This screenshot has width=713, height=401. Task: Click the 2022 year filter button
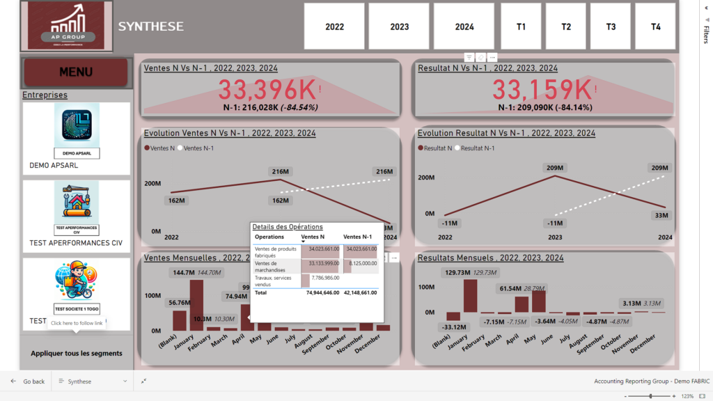[334, 26]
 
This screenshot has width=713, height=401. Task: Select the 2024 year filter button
[464, 26]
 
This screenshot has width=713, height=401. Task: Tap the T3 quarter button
[611, 26]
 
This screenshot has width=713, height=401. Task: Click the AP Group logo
[65, 26]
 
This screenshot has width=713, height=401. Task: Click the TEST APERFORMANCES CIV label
[76, 243]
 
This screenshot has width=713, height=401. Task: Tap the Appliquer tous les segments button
[77, 353]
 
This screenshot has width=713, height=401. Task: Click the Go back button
[27, 382]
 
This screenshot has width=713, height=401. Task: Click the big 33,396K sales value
[267, 90]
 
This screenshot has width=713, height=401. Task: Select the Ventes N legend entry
[159, 148]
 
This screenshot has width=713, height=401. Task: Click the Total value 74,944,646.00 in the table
[321, 293]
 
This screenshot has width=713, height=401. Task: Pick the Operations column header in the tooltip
[269, 237]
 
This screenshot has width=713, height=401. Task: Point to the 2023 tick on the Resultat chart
[555, 237]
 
